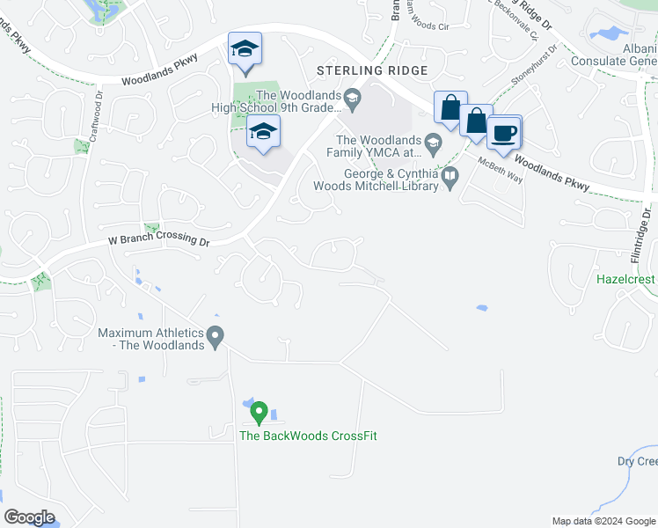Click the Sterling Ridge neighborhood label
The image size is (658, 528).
coord(374,70)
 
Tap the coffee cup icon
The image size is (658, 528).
coord(504,134)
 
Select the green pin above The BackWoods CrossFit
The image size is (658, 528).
coord(259,412)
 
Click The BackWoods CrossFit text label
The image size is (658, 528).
coord(308,436)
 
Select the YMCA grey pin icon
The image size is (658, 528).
coord(433,140)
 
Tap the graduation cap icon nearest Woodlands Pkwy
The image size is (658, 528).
coord(245,49)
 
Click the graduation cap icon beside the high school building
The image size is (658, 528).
coord(262,133)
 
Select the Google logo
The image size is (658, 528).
coord(29,517)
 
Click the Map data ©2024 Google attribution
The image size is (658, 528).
coord(603,521)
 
